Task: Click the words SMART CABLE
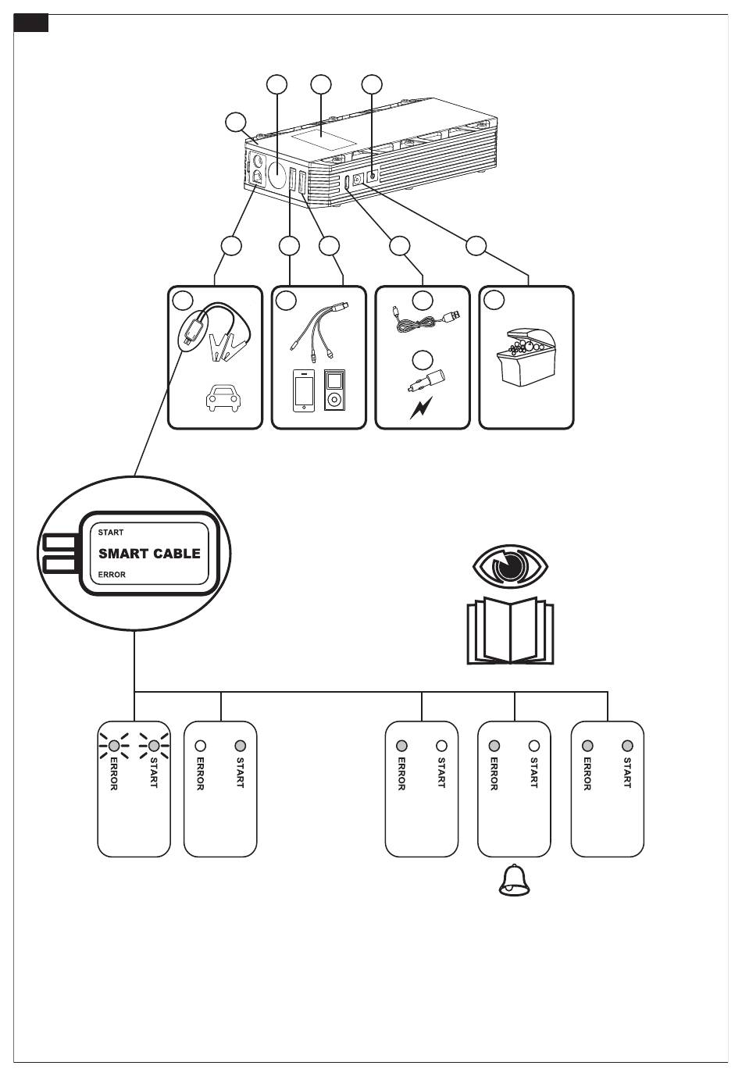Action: point(149,553)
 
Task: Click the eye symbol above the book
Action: point(510,565)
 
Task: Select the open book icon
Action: point(510,630)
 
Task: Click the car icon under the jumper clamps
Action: point(223,398)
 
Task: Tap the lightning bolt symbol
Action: point(421,408)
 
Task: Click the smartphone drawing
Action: point(304,390)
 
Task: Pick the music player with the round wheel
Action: point(334,390)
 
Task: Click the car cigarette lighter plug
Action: point(427,380)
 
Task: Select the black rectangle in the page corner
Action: point(30,23)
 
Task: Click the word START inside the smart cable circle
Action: point(111,533)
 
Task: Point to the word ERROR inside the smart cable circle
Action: point(112,575)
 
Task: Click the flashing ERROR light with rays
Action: point(114,745)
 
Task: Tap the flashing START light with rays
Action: point(154,745)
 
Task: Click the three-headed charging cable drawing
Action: point(317,330)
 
